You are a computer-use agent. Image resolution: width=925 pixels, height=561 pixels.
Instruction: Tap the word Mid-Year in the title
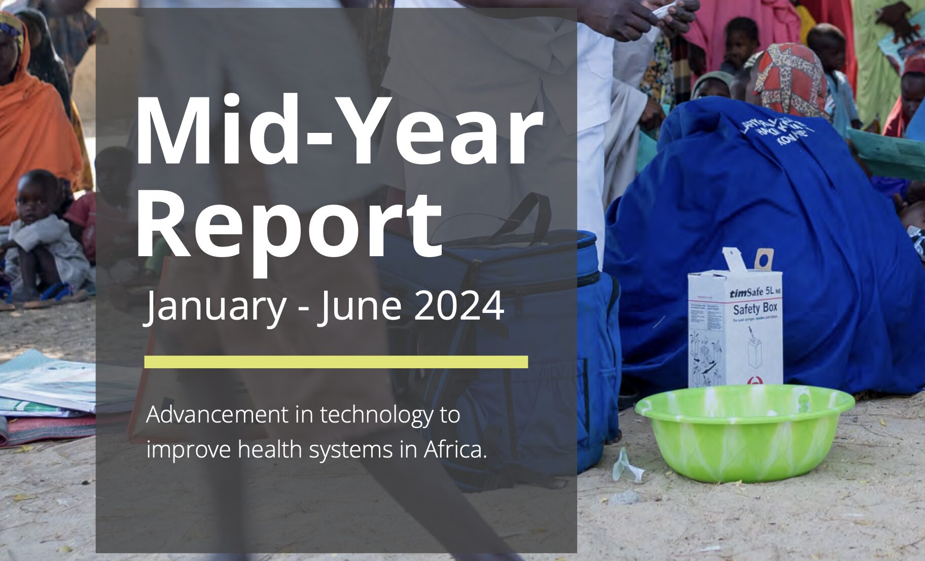coord(337,132)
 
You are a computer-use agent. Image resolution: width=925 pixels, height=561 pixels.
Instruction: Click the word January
coord(216,306)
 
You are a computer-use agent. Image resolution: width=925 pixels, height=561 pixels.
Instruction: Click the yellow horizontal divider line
coord(336,362)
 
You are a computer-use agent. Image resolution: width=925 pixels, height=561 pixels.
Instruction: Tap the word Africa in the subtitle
coord(455,449)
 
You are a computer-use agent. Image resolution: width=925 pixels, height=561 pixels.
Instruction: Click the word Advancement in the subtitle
coord(217,414)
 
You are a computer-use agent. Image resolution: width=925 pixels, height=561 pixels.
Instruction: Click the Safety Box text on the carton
coord(755,308)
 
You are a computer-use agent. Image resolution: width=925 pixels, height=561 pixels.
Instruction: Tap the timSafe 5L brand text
coord(753,293)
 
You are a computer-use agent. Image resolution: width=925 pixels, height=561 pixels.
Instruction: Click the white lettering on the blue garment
coord(778,130)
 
